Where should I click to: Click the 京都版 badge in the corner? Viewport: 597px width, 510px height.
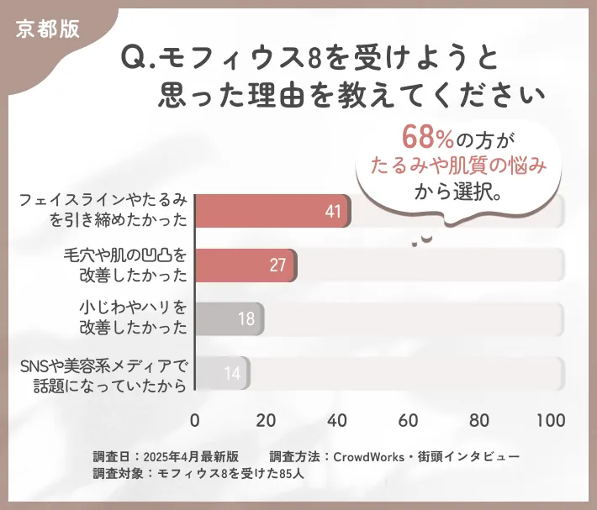click(48, 28)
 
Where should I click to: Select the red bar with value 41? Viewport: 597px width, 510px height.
click(272, 211)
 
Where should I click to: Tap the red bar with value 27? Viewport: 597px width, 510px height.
click(245, 265)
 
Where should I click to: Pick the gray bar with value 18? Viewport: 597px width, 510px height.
click(230, 319)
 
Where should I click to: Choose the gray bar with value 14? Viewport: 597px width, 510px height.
click(222, 373)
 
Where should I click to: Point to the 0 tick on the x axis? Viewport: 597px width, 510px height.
click(195, 420)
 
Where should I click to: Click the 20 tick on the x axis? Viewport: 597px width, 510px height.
click(267, 420)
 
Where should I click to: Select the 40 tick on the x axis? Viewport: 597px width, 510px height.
click(338, 420)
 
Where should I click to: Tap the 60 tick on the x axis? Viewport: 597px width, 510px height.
click(409, 420)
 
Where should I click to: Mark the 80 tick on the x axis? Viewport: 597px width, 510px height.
click(480, 420)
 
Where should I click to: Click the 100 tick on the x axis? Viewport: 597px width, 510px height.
click(551, 420)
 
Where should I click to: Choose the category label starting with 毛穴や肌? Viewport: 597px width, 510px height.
click(124, 265)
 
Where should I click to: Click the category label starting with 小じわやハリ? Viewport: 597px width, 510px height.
click(131, 318)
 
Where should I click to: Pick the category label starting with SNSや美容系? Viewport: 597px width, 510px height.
click(103, 373)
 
